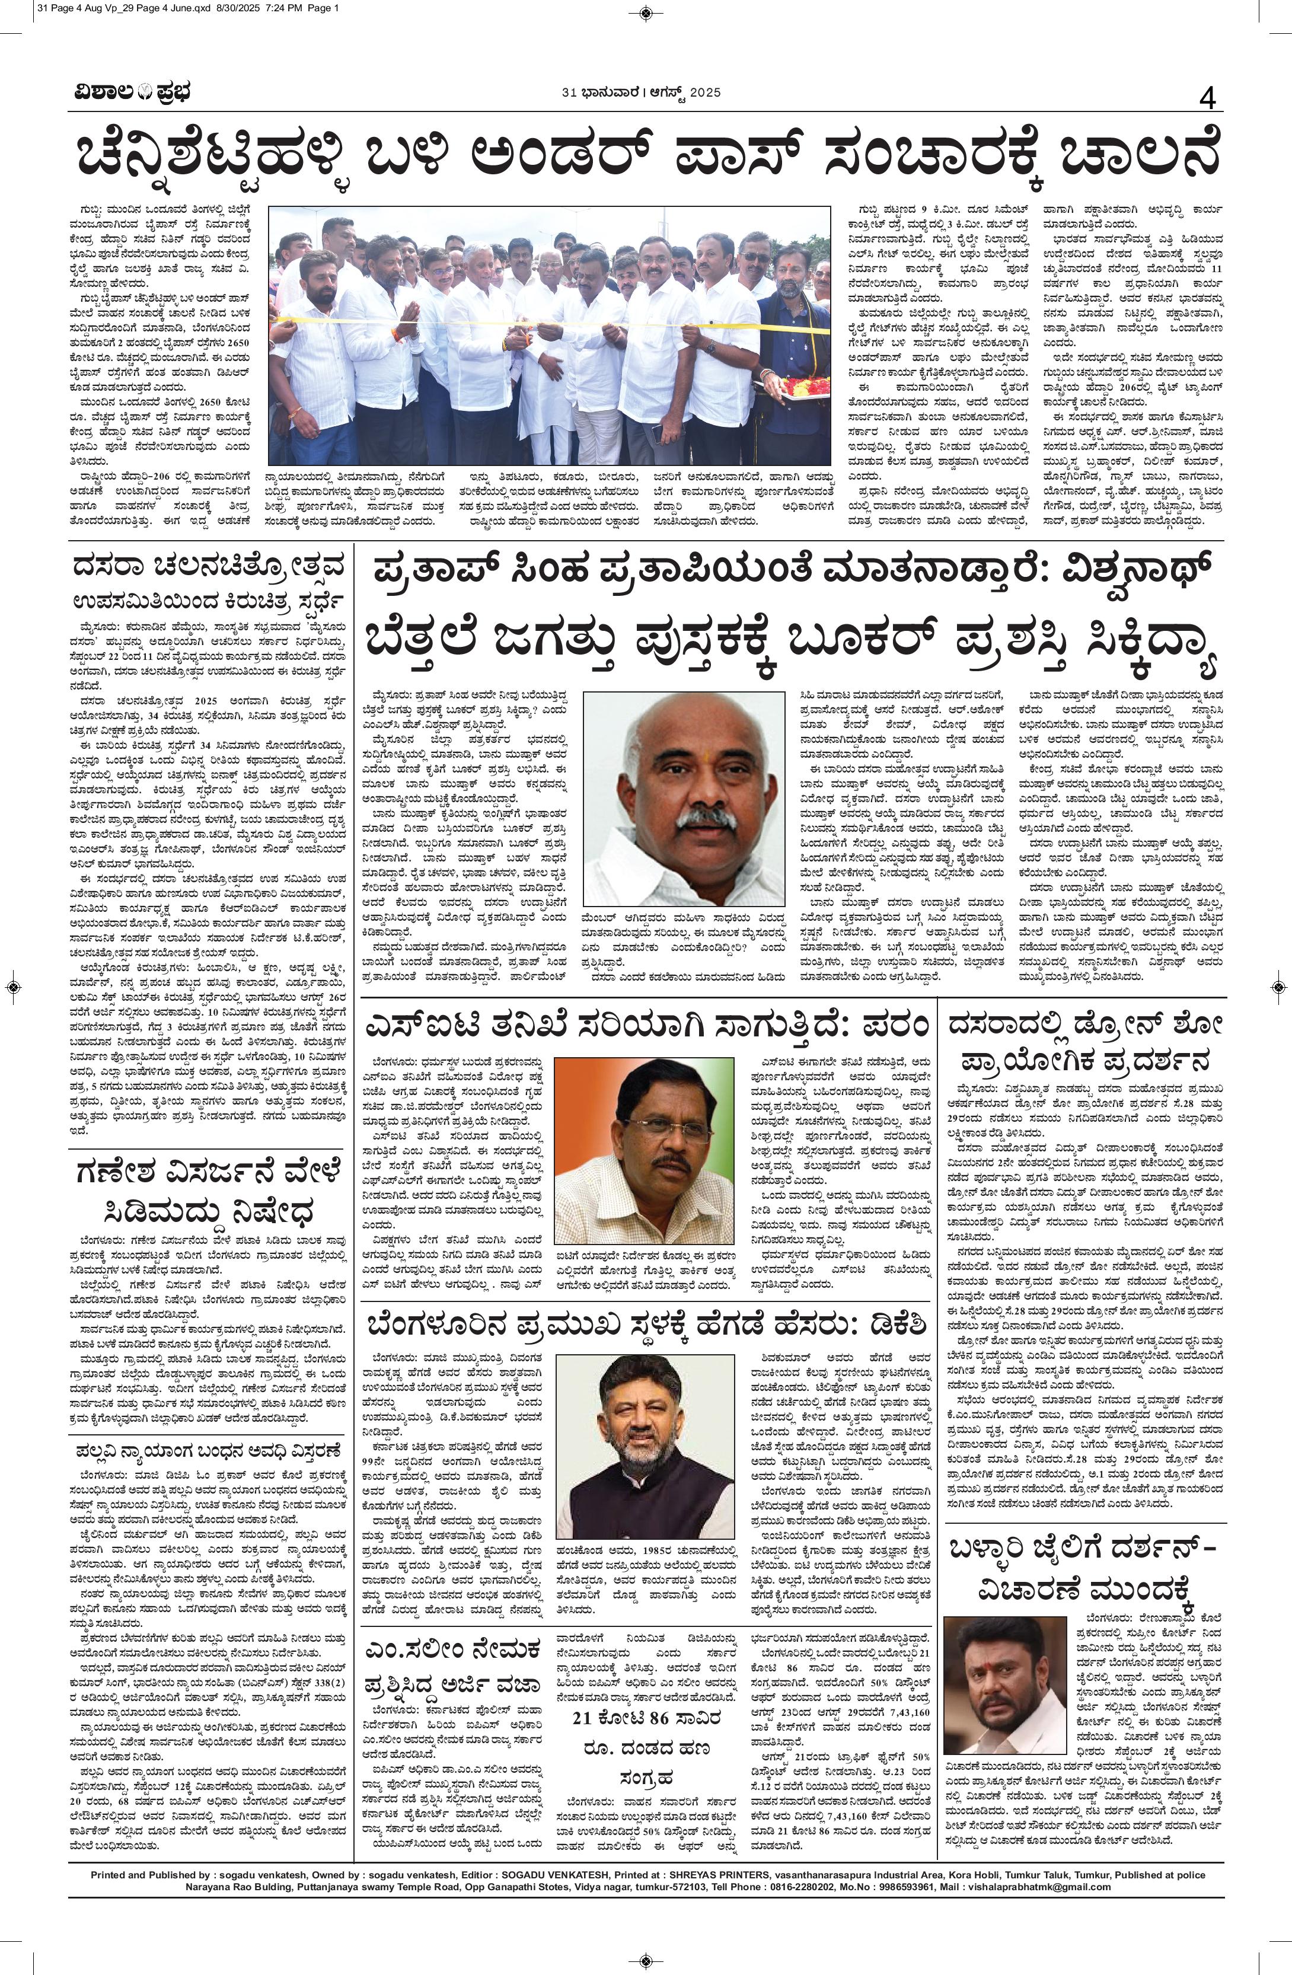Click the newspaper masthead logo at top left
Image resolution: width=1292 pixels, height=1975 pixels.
coord(129,94)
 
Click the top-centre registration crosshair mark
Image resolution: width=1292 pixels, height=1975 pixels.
coord(646,12)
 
